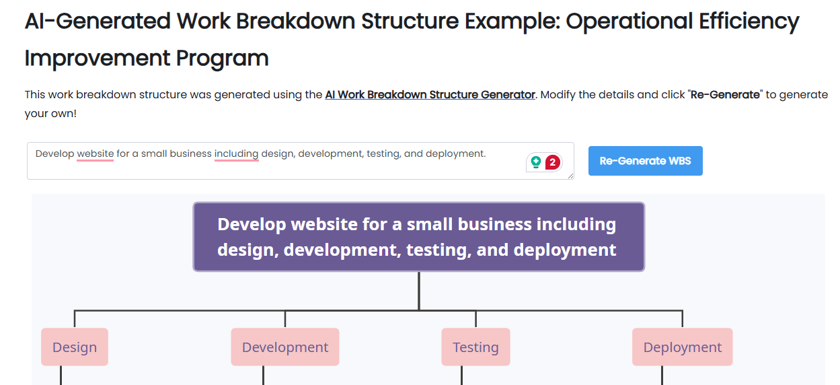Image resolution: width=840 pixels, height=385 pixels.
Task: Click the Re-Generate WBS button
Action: (x=645, y=161)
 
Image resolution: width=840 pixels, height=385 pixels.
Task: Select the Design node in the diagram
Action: (x=75, y=347)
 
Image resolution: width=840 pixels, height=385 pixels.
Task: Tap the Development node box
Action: (x=285, y=347)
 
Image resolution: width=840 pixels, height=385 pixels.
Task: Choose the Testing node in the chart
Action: (x=475, y=347)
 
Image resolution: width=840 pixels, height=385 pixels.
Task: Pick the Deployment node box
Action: (x=682, y=347)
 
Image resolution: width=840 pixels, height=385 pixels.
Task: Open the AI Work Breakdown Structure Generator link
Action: (x=430, y=95)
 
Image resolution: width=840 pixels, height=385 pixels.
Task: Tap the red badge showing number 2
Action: (x=553, y=162)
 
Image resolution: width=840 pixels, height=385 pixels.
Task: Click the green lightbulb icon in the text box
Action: (x=535, y=162)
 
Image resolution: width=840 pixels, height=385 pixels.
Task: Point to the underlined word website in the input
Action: (x=96, y=154)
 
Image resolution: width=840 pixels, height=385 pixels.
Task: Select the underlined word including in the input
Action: (x=236, y=154)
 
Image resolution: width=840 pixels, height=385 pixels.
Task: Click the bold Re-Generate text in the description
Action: (x=725, y=95)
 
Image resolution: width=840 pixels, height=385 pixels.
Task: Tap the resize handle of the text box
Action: (x=570, y=176)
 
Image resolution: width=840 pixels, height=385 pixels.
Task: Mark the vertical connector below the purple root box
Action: (x=418, y=291)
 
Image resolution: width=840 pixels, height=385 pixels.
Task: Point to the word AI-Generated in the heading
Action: (x=98, y=22)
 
